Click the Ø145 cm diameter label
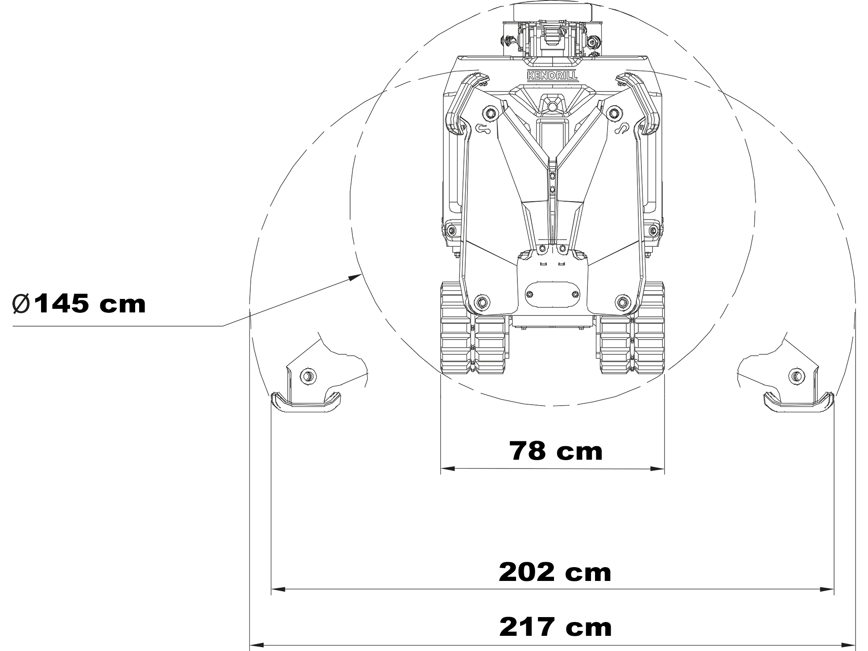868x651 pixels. tap(79, 304)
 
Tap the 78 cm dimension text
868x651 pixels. tap(556, 451)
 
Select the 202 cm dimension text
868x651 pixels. tap(555, 572)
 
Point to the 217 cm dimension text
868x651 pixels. tap(555, 627)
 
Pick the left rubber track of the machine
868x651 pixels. tap(474, 328)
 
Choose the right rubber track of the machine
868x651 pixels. tap(632, 328)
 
